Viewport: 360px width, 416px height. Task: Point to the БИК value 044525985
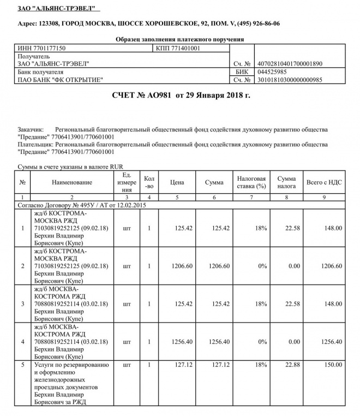[273, 72]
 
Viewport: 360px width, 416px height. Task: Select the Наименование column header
[72, 182]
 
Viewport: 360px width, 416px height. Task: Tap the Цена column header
[177, 182]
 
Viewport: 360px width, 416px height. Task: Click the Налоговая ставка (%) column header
[251, 182]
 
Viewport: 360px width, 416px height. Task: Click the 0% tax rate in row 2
[260, 266]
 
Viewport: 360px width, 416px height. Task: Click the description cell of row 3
[72, 304]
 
